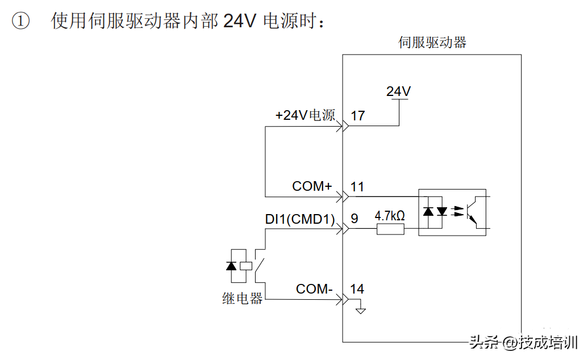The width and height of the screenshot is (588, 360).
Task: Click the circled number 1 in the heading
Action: (x=20, y=22)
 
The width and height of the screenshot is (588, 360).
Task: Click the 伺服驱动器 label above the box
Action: (x=432, y=43)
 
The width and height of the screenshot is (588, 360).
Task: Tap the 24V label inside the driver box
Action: (x=399, y=91)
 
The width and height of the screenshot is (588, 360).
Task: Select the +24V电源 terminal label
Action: (x=305, y=115)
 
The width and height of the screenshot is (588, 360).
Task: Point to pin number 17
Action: (x=358, y=116)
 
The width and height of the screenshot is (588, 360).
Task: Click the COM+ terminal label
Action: (x=312, y=186)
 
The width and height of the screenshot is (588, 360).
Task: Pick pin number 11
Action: (x=357, y=187)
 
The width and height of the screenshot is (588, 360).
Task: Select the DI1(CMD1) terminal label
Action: (x=300, y=219)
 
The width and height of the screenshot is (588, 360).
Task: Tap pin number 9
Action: (x=355, y=219)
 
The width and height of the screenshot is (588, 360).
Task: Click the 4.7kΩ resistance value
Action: (x=390, y=216)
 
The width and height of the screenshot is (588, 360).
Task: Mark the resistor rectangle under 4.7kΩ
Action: (x=390, y=229)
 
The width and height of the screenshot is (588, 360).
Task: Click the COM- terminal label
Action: (x=314, y=289)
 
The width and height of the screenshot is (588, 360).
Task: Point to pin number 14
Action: (x=357, y=289)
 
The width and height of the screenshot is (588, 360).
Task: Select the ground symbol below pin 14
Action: (x=360, y=309)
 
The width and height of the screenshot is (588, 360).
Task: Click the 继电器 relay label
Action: (x=243, y=299)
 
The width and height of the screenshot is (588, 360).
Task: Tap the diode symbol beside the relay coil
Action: (x=231, y=265)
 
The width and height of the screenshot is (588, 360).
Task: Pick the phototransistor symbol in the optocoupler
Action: (x=472, y=212)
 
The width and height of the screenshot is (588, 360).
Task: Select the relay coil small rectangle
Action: (x=246, y=265)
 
